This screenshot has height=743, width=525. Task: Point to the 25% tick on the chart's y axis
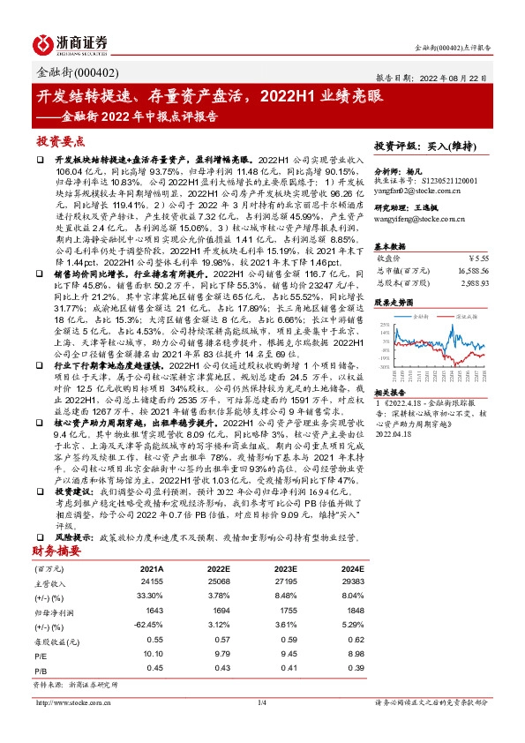(x=384, y=326)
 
